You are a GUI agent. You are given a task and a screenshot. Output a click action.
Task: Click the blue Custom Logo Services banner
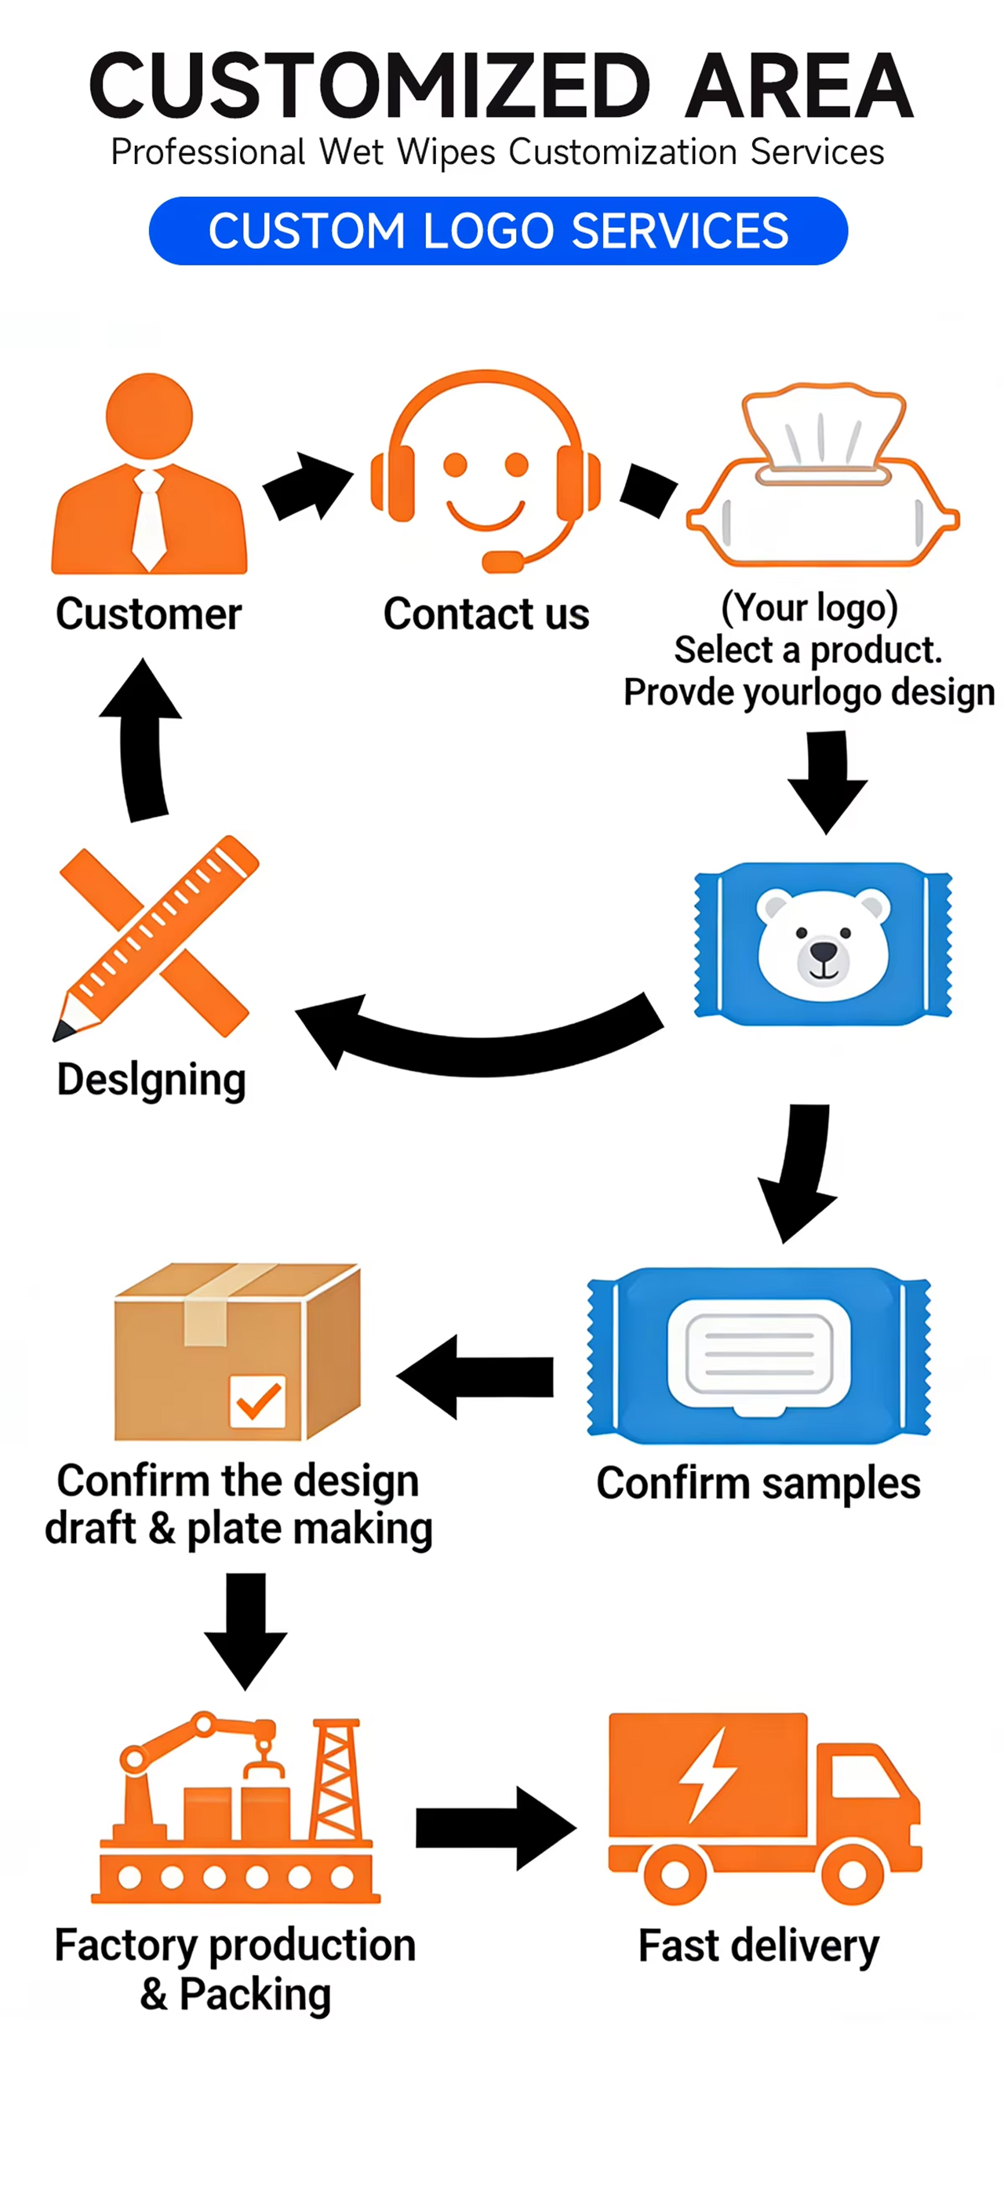pos(498,231)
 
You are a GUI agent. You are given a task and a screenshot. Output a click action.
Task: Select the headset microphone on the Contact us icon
pos(504,562)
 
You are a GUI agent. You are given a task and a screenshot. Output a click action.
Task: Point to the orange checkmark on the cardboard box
pos(258,1400)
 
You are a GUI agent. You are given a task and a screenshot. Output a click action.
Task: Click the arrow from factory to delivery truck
pos(496,1827)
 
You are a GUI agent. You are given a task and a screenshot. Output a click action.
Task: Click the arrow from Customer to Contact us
pos(307,486)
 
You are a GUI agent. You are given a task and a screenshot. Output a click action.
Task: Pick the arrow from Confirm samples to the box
pos(475,1376)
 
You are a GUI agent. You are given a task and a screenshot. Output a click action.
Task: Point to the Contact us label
pos(486,614)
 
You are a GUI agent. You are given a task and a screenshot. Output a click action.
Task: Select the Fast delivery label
pos(758,1946)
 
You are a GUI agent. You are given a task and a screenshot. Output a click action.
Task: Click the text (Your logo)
pos(809,608)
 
